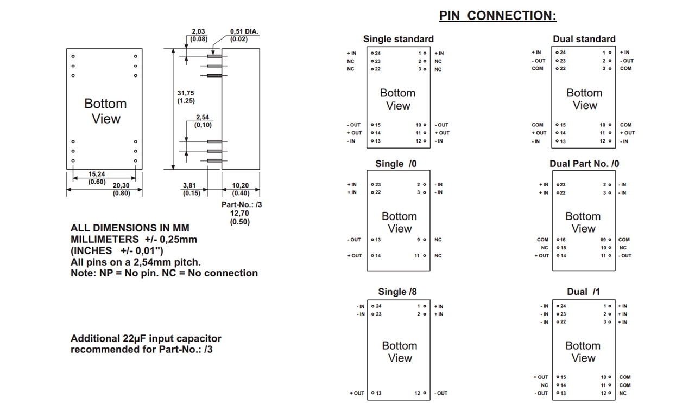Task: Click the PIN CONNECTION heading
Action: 497,16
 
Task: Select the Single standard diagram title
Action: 398,39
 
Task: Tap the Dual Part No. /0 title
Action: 584,164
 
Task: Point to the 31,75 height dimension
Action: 186,93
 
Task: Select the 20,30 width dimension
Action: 122,186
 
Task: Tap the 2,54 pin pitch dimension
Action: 203,118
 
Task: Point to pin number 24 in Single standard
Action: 377,53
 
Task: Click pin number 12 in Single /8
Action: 418,393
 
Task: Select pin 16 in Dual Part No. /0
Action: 562,240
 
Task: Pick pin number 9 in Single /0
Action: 419,240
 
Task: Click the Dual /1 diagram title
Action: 583,292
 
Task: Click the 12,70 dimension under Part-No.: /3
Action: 239,214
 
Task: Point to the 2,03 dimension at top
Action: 199,32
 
